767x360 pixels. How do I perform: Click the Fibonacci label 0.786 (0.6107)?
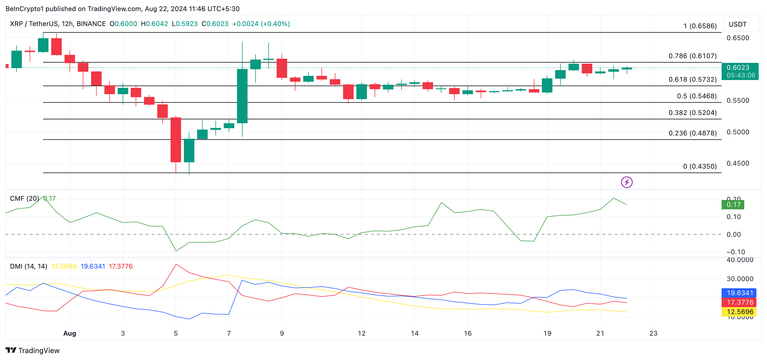(x=692, y=56)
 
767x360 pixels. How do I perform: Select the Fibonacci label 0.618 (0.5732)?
(x=692, y=79)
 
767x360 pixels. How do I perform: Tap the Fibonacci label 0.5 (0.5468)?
(x=696, y=96)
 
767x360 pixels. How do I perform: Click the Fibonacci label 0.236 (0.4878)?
(x=692, y=133)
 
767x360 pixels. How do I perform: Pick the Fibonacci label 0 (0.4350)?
(x=699, y=166)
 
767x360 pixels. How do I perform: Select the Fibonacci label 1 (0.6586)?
(x=700, y=26)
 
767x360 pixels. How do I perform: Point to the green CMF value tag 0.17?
(x=733, y=205)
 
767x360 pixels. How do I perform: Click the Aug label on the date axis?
(x=70, y=333)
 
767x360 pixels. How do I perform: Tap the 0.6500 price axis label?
(x=738, y=38)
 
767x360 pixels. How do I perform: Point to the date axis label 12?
(x=361, y=333)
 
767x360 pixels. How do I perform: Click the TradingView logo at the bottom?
(x=32, y=351)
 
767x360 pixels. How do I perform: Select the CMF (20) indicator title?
(x=24, y=199)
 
